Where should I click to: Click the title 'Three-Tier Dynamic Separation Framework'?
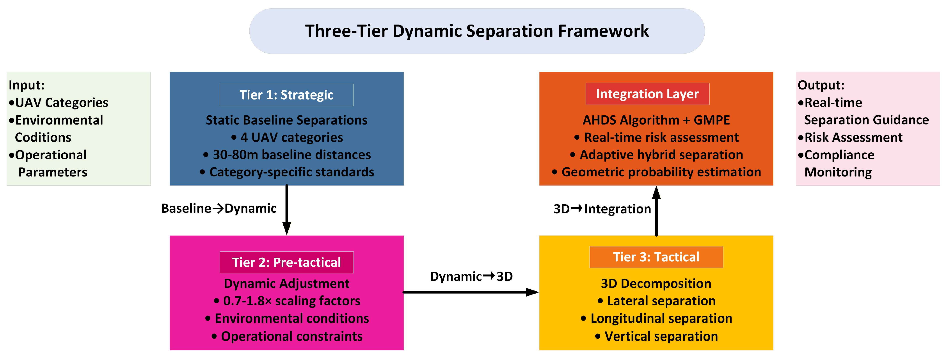pyautogui.click(x=477, y=31)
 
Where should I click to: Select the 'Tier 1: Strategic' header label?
pyautogui.click(x=286, y=95)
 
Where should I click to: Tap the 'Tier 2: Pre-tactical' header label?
pyautogui.click(x=286, y=262)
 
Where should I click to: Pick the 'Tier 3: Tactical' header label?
pyautogui.click(x=656, y=257)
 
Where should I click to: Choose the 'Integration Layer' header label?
pyautogui.click(x=647, y=94)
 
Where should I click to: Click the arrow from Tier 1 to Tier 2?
pyautogui.click(x=287, y=210)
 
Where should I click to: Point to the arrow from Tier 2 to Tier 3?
pyautogui.click(x=471, y=292)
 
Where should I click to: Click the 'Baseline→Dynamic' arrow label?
pyautogui.click(x=219, y=209)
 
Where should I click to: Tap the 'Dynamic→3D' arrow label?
pyautogui.click(x=471, y=276)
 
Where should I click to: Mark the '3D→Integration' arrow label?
pyautogui.click(x=602, y=209)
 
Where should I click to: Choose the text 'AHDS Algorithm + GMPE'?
pyautogui.click(x=656, y=120)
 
